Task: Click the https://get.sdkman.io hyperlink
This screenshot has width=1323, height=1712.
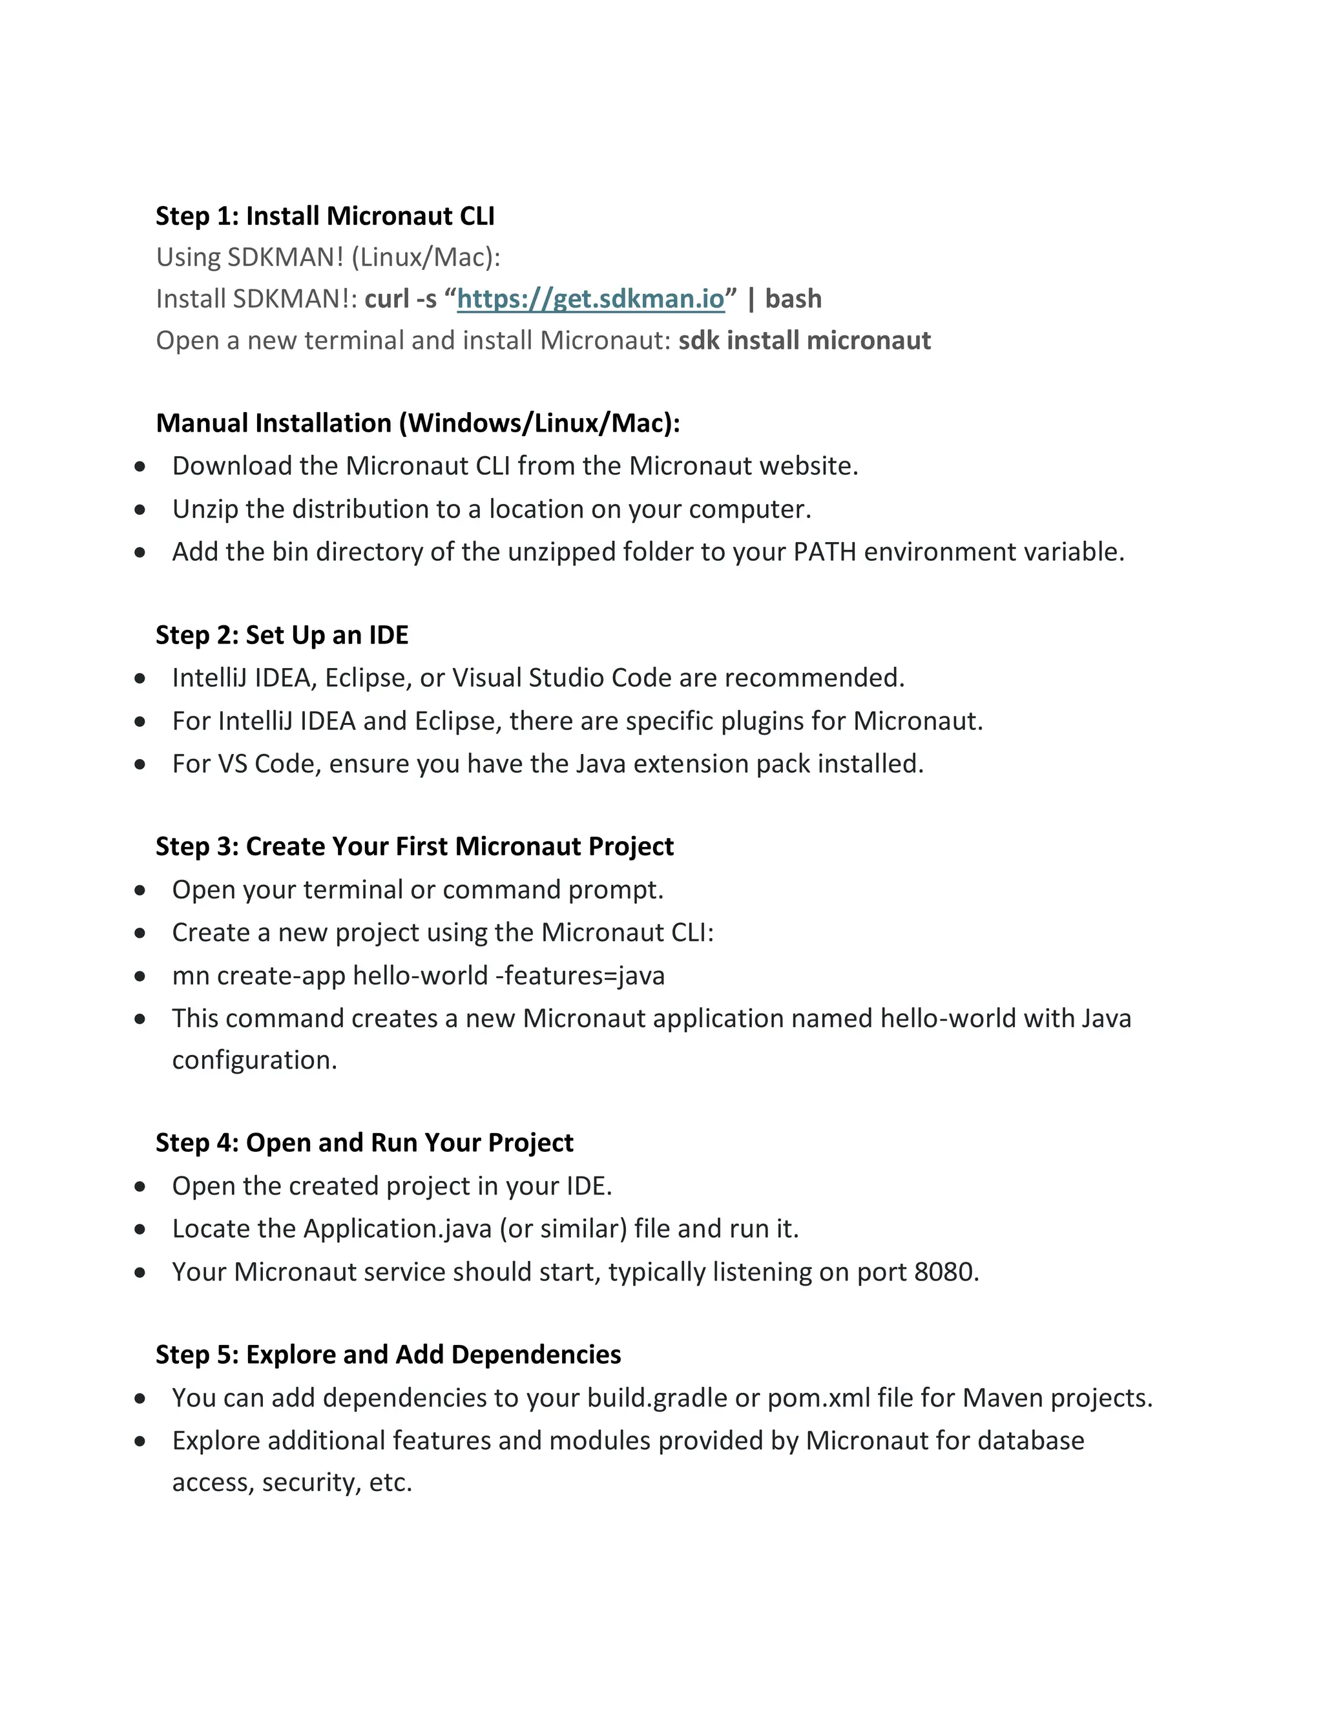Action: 590,298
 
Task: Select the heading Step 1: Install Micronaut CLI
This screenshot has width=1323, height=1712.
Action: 324,216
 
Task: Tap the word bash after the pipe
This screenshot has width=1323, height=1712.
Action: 793,298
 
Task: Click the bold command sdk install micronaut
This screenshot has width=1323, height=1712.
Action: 804,340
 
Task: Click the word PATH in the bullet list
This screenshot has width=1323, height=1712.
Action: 824,552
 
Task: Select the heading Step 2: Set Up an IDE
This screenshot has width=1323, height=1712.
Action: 282,634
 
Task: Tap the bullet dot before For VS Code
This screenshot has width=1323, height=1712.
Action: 140,764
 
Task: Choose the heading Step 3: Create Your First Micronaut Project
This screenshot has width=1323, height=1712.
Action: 414,846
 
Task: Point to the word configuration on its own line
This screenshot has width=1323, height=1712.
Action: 254,1060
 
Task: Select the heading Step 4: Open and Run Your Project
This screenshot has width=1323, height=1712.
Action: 364,1142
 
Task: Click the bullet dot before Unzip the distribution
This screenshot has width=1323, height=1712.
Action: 140,510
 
